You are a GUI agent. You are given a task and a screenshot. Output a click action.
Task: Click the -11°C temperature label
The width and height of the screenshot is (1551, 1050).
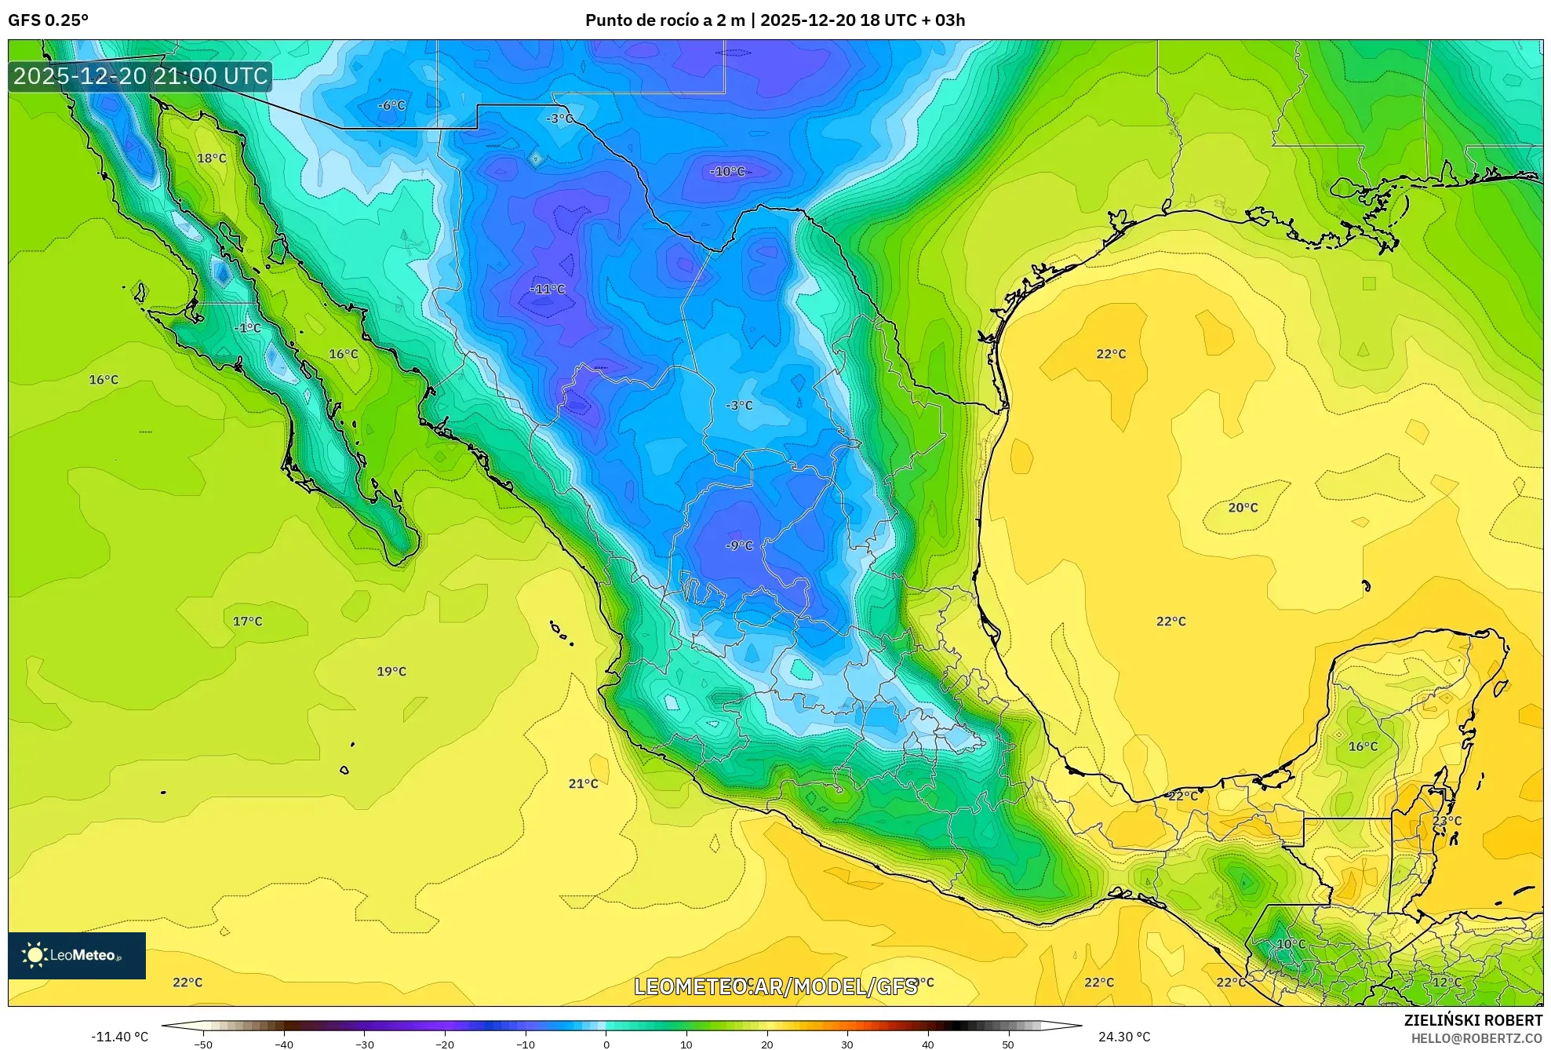[x=548, y=289]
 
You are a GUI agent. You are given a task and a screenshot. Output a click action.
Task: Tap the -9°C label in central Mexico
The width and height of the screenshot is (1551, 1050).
[x=739, y=545]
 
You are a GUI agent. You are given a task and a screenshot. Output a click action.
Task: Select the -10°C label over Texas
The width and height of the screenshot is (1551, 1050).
[x=727, y=171]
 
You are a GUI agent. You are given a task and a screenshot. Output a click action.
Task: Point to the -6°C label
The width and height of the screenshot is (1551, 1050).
[x=391, y=105]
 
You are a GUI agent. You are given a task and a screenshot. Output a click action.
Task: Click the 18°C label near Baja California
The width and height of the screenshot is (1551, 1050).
[x=211, y=158]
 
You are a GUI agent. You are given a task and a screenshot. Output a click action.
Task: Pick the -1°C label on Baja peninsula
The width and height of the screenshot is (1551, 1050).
[x=248, y=327]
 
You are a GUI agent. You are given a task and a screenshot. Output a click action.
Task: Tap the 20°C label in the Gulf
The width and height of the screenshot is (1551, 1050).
[x=1243, y=508]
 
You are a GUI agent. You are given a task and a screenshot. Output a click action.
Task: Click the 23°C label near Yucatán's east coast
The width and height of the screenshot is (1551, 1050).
[x=1447, y=820]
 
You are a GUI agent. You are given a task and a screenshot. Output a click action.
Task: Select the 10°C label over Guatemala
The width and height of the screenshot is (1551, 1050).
[x=1291, y=944]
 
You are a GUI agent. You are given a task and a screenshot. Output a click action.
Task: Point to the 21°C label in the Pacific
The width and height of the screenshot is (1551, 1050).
[x=583, y=783]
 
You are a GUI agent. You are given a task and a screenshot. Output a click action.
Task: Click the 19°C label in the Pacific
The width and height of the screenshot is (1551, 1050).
[x=391, y=671]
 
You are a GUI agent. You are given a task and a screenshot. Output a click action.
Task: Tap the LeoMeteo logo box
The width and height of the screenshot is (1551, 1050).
[x=77, y=955]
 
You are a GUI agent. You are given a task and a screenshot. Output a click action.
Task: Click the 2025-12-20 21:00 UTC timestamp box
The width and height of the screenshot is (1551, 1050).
[x=140, y=76]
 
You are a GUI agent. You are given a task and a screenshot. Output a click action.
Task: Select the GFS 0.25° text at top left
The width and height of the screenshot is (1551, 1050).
[x=49, y=20]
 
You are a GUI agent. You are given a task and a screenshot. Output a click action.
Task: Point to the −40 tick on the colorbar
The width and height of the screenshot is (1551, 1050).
[x=284, y=1044]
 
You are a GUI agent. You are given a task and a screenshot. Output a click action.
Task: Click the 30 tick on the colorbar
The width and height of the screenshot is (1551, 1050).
[x=847, y=1044]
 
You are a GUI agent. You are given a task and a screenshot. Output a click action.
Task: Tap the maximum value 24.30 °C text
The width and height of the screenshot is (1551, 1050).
[x=1124, y=1037]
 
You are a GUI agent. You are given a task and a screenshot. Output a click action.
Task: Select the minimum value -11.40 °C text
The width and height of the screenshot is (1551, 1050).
[x=119, y=1037]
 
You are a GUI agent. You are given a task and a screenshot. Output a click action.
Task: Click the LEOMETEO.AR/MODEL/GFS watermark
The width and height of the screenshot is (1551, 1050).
[x=775, y=986]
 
